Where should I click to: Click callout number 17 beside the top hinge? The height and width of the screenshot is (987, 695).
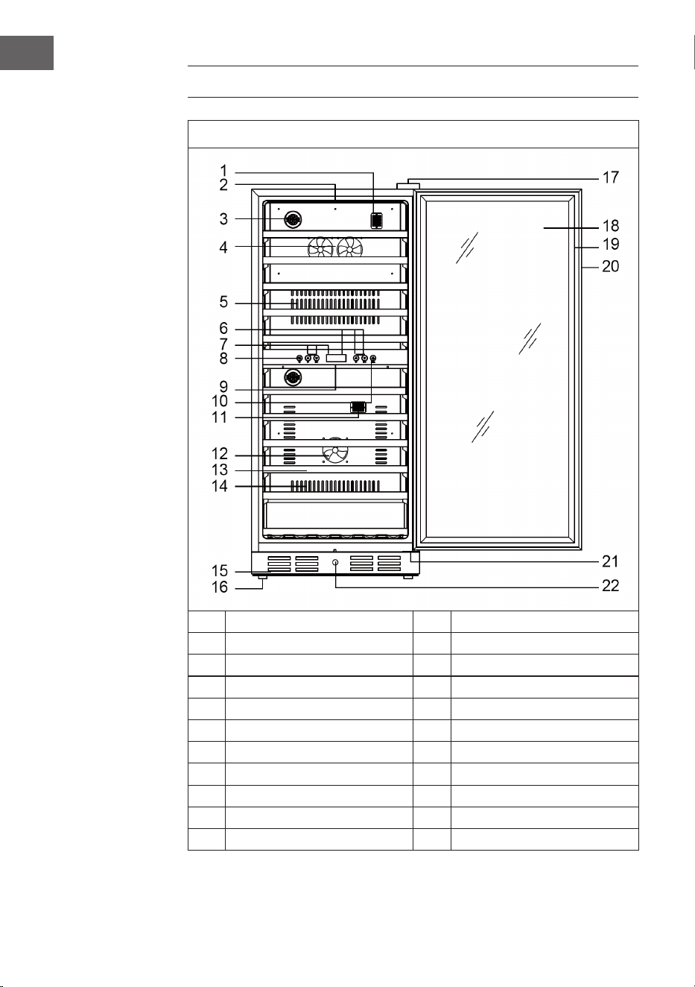610,177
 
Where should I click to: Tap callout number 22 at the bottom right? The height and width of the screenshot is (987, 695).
610,586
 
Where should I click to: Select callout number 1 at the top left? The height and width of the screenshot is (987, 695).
223,171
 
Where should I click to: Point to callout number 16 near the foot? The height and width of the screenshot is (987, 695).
219,587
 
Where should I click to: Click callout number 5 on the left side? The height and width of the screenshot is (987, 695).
223,302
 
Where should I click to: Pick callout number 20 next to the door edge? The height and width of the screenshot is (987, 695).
610,266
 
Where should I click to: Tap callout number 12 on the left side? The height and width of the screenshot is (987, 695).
219,453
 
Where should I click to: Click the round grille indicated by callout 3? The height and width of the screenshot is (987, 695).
293,219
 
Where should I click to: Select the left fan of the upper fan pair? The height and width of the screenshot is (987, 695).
320,248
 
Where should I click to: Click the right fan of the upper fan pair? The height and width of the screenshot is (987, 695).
349,248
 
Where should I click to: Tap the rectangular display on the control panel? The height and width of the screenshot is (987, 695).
336,358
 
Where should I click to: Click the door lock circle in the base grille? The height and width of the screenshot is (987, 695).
335,563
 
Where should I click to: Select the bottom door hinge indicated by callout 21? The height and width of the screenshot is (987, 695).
415,557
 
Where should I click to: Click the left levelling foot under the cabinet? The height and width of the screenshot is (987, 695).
261,576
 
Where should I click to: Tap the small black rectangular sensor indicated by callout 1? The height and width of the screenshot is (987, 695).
377,221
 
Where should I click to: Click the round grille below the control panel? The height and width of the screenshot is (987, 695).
293,378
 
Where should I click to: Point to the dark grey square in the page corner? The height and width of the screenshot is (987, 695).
27,53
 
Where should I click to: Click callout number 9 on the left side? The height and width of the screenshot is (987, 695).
223,387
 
